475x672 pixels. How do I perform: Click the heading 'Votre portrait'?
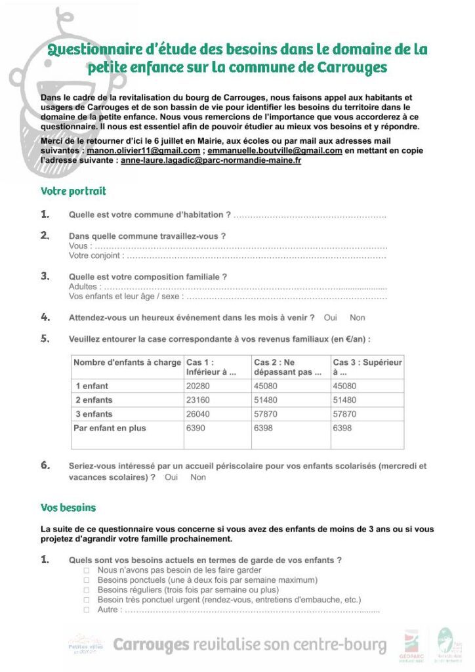73,192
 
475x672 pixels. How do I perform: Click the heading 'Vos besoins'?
68,508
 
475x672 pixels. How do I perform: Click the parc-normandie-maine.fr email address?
211,160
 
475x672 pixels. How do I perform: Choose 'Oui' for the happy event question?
331,318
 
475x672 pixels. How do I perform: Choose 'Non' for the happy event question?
358,318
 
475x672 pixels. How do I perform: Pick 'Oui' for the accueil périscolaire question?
171,477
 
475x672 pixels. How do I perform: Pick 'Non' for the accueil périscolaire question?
198,477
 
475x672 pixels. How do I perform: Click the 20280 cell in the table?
198,386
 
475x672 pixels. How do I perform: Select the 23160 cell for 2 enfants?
198,400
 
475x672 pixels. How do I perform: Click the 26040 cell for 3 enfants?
198,414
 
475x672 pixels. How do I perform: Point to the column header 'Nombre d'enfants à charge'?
127,362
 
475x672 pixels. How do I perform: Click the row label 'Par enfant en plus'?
111,429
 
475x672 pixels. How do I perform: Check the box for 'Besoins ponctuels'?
87,581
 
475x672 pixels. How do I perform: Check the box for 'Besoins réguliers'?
87,591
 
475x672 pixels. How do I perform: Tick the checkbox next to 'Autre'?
87,610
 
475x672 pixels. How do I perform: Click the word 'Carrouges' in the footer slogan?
151,645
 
